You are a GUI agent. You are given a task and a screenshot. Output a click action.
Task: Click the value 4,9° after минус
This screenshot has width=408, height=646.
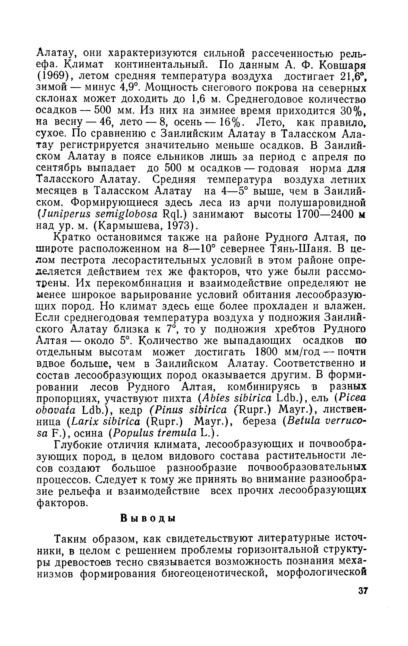(121, 88)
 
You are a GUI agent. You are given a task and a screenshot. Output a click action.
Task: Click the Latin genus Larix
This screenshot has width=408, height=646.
(82, 422)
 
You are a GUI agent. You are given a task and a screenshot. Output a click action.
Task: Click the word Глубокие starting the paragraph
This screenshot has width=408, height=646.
(78, 445)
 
